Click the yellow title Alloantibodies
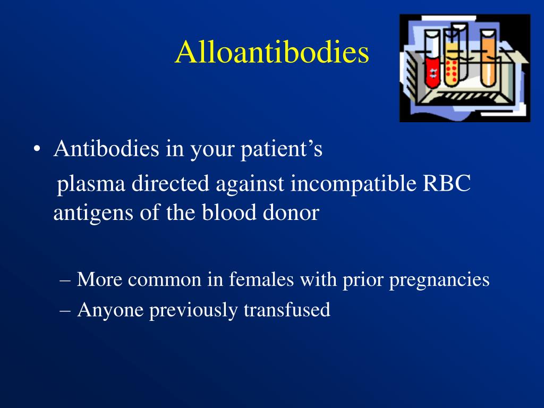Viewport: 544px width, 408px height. tap(272, 52)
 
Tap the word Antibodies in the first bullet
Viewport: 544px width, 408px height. tap(106, 149)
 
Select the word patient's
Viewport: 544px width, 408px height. tap(282, 150)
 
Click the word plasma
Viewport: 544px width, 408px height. tap(91, 184)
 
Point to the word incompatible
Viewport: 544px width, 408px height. tap(353, 183)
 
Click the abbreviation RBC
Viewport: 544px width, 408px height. tap(446, 183)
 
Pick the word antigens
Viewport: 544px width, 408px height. tap(93, 213)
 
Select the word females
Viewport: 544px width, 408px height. tap(261, 279)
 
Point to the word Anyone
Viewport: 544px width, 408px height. tap(110, 310)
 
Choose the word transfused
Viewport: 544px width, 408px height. tap(287, 309)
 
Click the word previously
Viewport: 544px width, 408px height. tap(193, 310)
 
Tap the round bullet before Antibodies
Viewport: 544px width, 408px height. tap(37, 149)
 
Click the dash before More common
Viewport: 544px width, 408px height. tap(65, 279)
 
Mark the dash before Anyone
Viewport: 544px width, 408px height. tap(65, 310)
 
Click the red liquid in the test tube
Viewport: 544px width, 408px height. tap(432, 72)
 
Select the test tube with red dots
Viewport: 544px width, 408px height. tap(452, 59)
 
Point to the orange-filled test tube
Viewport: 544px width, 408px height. tap(488, 58)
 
